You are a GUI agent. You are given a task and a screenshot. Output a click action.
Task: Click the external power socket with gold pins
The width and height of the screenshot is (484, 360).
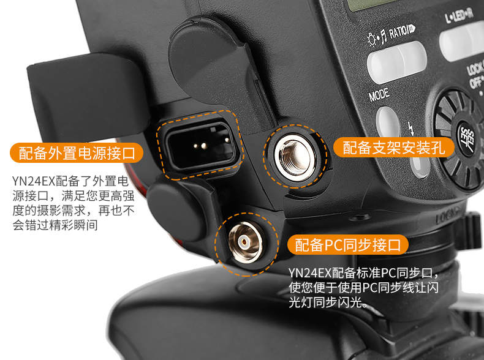[200, 145]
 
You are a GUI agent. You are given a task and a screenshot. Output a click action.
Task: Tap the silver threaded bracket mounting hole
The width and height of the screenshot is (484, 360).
[295, 157]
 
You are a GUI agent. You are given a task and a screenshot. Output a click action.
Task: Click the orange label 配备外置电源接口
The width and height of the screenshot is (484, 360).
[77, 153]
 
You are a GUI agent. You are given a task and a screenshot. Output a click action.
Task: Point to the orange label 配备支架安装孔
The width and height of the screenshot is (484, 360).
[393, 148]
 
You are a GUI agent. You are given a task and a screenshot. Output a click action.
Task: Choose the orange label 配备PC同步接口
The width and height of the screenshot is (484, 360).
[348, 245]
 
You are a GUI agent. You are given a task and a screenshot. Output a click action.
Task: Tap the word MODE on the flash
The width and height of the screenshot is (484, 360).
[379, 94]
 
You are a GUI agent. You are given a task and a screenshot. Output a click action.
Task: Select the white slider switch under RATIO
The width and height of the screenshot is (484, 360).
[397, 62]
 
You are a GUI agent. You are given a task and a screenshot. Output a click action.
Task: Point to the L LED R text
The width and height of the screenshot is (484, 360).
[459, 15]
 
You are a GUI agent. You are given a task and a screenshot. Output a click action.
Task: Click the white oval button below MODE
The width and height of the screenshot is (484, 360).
[388, 121]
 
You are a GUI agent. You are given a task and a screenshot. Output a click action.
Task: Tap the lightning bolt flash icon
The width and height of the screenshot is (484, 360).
[412, 129]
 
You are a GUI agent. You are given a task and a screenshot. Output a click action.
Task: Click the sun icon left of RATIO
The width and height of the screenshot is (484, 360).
[372, 39]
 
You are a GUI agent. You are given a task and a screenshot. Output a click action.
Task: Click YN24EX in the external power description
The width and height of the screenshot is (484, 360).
[34, 181]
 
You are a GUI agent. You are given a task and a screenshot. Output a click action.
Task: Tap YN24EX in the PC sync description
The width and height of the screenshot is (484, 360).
[310, 272]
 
